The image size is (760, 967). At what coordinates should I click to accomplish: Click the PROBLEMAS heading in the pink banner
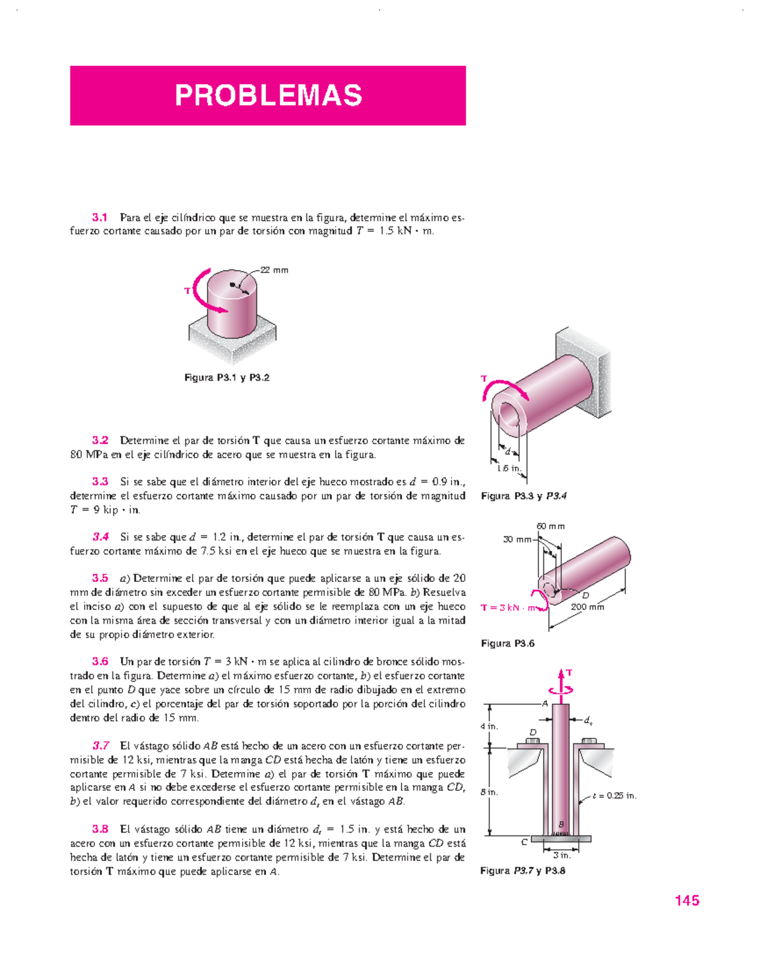click(x=268, y=96)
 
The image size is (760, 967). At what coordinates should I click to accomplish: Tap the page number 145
click(x=687, y=901)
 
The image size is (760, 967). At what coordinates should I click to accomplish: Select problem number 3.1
click(x=100, y=217)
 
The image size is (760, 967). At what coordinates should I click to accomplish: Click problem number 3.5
click(x=100, y=578)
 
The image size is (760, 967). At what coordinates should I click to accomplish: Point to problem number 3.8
click(x=100, y=828)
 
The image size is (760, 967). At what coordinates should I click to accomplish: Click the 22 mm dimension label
click(x=275, y=270)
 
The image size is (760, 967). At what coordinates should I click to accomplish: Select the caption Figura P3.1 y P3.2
click(x=227, y=377)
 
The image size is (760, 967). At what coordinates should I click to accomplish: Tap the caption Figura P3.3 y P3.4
click(x=523, y=496)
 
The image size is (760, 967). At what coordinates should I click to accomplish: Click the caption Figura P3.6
click(x=507, y=643)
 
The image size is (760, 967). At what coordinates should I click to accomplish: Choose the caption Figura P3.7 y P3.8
click(x=522, y=871)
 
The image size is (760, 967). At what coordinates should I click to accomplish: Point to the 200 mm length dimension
click(x=587, y=607)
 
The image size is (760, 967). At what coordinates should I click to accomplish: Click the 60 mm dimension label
click(x=550, y=526)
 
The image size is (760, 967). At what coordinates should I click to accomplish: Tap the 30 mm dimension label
click(x=517, y=540)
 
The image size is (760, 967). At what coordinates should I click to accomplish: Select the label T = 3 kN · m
click(x=508, y=608)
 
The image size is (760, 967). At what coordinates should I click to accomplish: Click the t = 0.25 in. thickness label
click(x=614, y=795)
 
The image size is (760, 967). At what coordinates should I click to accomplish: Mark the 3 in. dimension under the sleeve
click(x=561, y=855)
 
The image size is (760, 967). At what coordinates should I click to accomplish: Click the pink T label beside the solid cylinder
click(x=187, y=291)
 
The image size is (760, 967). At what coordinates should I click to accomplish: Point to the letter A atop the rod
click(x=545, y=703)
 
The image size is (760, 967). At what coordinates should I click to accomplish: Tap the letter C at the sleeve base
click(x=524, y=842)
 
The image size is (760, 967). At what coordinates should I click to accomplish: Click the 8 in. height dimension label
click(x=488, y=792)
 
